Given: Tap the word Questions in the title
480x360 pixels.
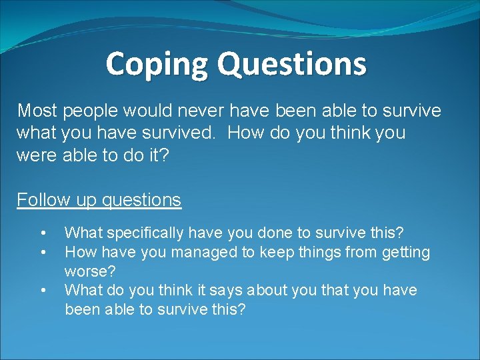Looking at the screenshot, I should click(292, 64).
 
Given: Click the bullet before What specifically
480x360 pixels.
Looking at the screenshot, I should click(43, 233).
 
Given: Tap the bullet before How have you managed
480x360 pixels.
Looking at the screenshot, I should click(43, 252).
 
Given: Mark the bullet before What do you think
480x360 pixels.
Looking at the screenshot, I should click(43, 290).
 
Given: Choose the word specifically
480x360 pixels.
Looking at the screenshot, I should click(139, 233).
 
